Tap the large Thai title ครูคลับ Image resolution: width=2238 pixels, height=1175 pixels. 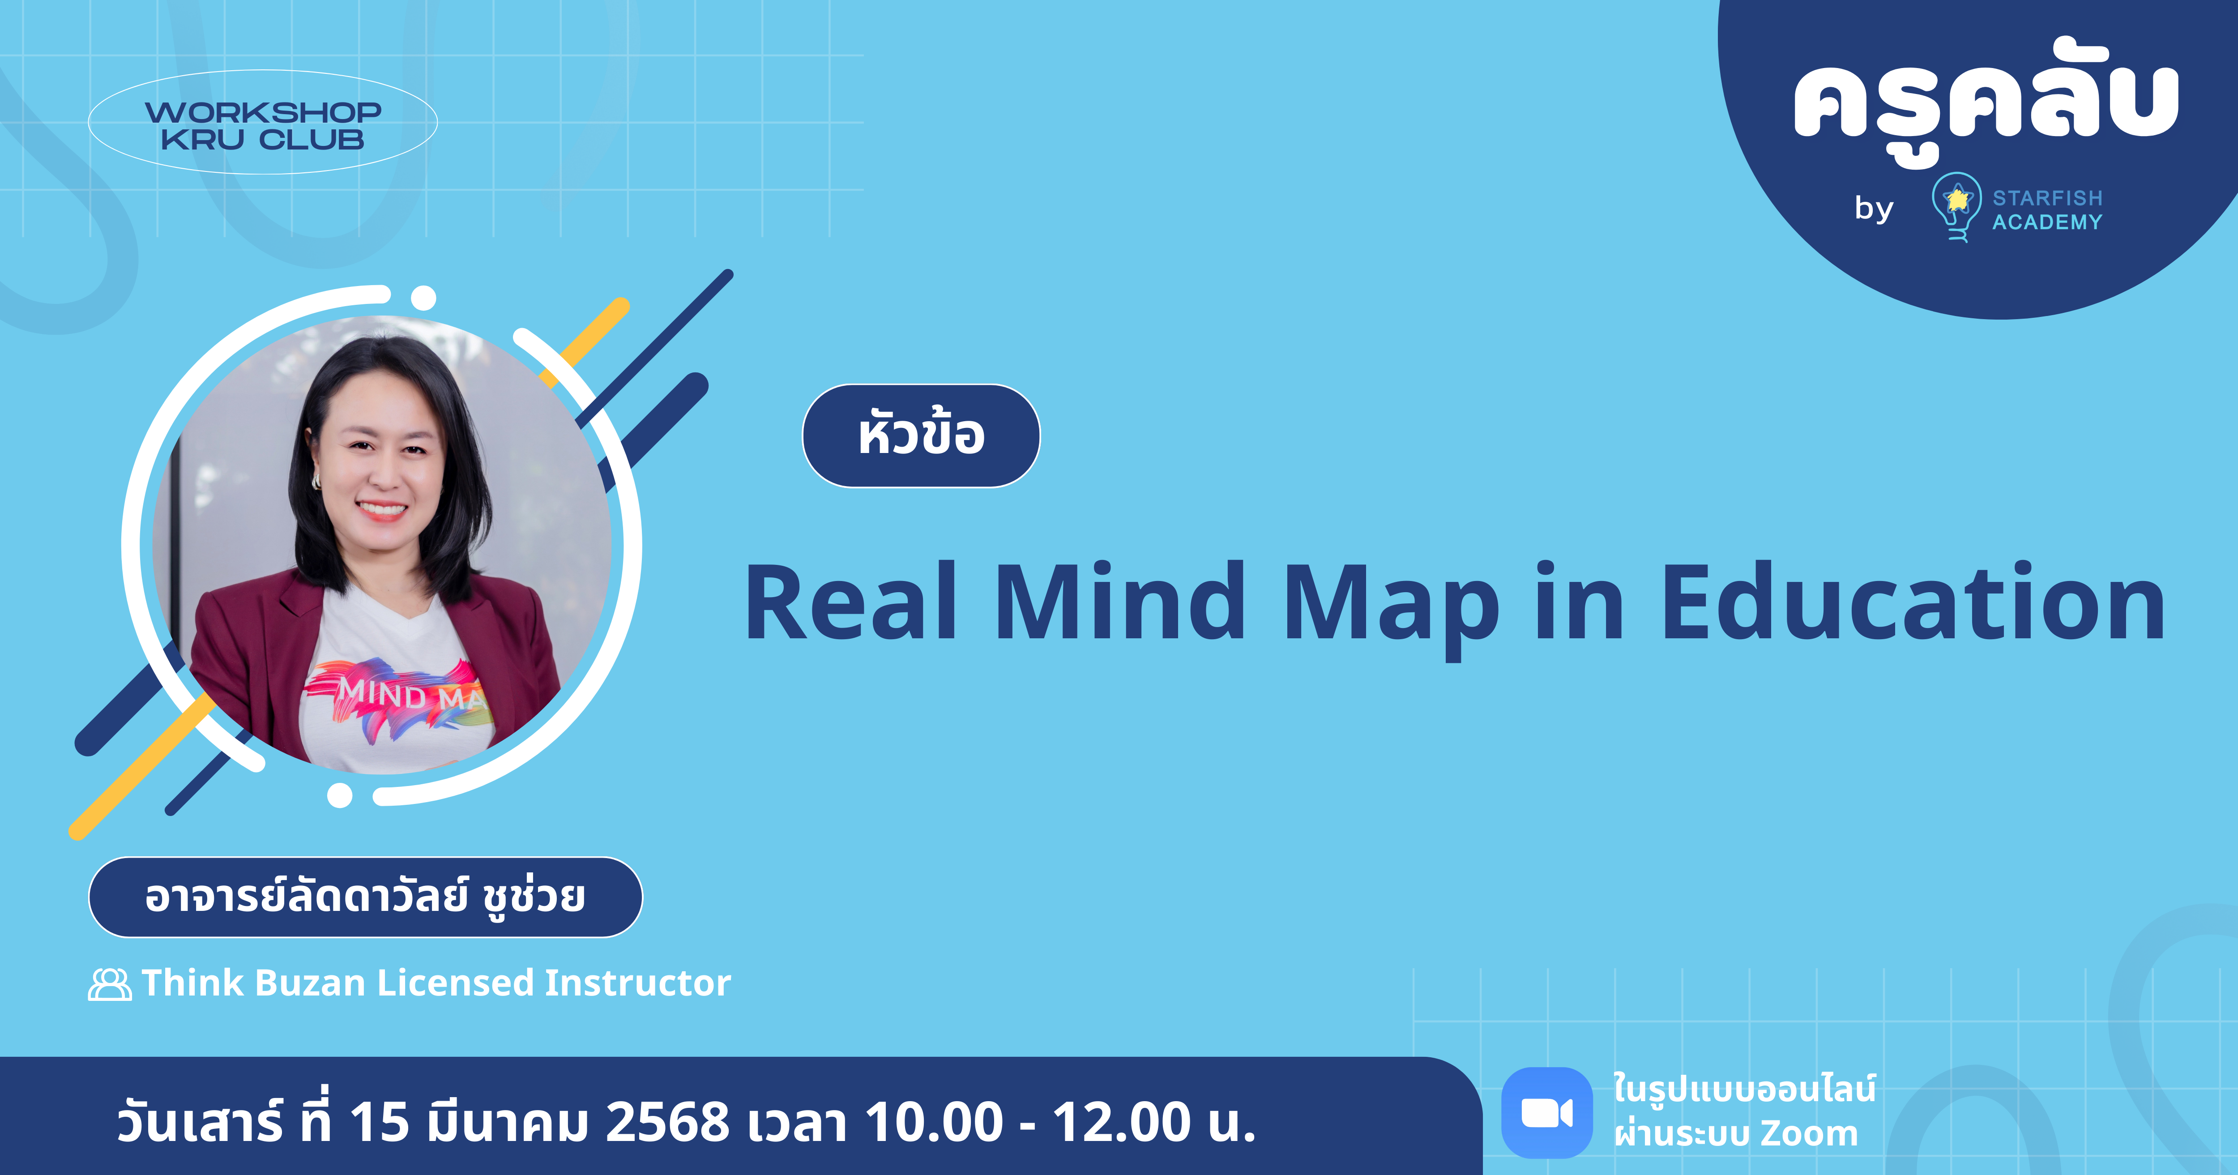coord(1985,103)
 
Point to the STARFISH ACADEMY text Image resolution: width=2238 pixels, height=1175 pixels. coord(2047,210)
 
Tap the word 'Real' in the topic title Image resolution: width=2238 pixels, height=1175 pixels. coord(851,602)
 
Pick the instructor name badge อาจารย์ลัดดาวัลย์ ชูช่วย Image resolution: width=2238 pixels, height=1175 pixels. coord(365,897)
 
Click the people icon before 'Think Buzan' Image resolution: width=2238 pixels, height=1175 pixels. coord(110,985)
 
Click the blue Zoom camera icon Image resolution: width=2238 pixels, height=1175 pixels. coord(1546,1112)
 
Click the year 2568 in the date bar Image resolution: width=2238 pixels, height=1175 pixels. coord(667,1121)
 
